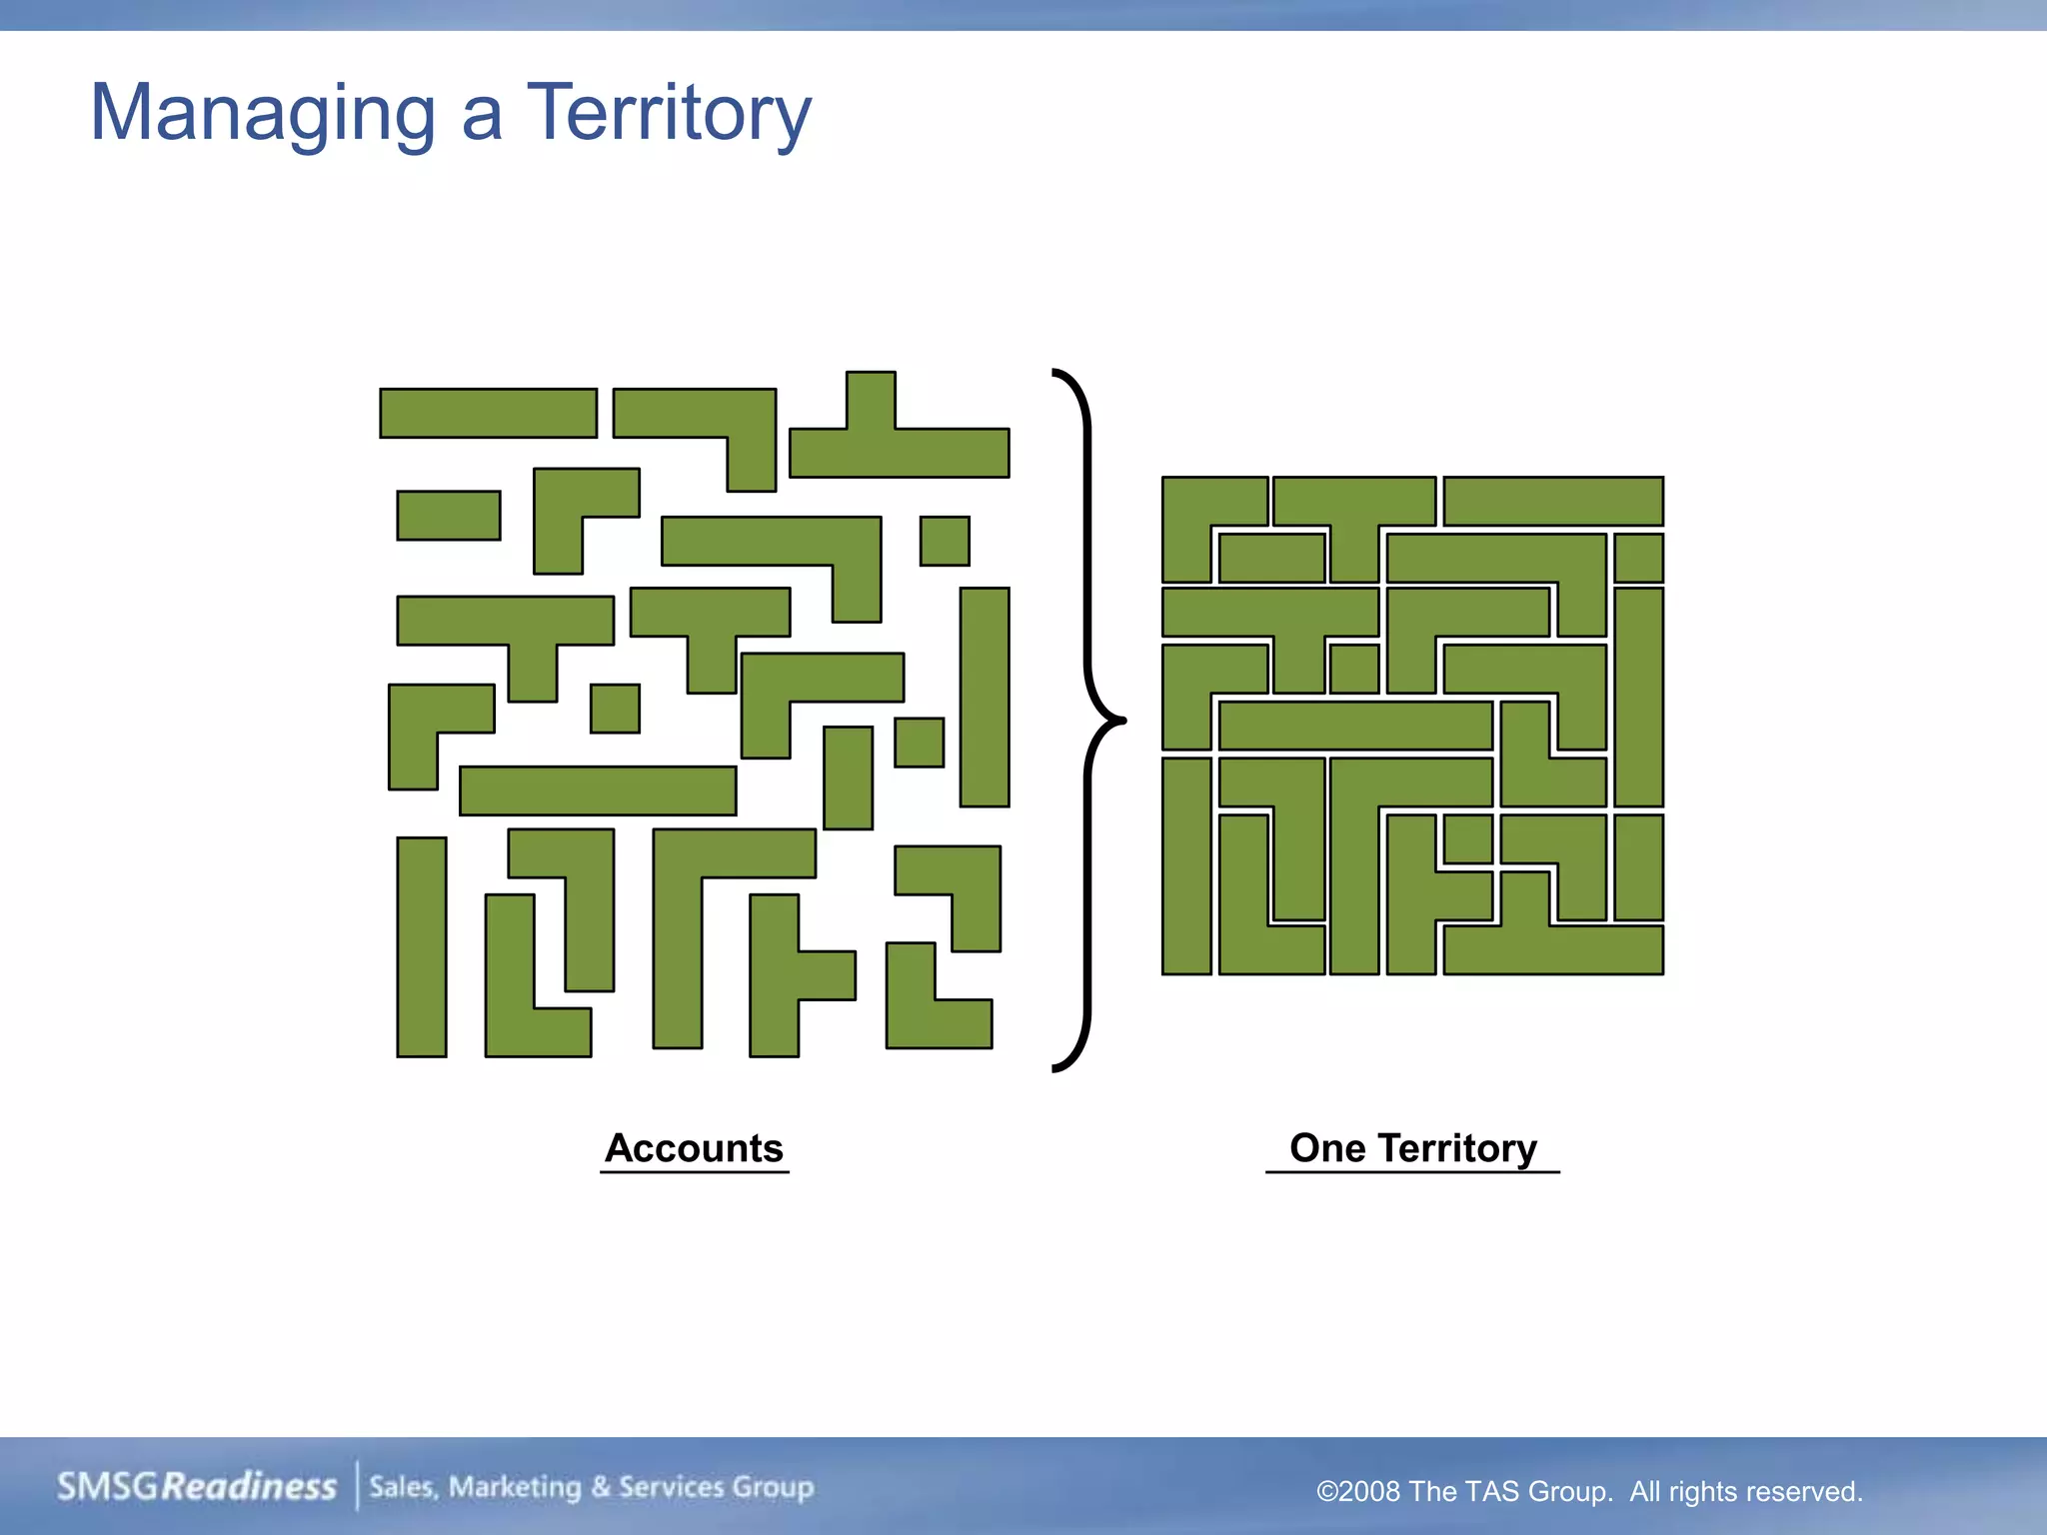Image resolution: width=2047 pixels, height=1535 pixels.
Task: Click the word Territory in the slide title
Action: [x=669, y=113]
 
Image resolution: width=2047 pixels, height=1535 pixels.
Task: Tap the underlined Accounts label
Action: [x=695, y=1148]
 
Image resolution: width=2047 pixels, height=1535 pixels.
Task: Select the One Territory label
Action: [x=1412, y=1148]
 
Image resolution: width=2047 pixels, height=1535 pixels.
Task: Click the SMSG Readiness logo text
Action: [x=196, y=1486]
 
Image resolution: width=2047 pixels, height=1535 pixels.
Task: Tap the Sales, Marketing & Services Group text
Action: [x=591, y=1487]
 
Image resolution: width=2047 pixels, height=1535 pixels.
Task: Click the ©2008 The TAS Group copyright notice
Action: [x=1589, y=1491]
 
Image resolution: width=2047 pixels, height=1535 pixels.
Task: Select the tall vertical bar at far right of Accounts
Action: [x=985, y=697]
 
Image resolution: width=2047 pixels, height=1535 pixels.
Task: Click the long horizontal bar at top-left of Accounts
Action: [x=488, y=413]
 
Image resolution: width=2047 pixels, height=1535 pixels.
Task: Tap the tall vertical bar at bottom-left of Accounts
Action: [x=422, y=946]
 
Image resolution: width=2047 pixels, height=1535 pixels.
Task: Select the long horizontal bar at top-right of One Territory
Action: [x=1553, y=501]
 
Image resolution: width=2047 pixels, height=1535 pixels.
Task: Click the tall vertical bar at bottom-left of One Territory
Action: [x=1186, y=865]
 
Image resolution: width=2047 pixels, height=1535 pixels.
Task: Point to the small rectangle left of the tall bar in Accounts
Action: [x=919, y=743]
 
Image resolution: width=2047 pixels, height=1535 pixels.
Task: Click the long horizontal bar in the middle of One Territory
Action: [x=1355, y=726]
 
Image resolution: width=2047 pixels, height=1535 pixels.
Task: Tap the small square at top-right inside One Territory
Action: [x=1638, y=558]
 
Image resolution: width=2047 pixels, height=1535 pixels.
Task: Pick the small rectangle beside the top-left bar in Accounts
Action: [x=449, y=515]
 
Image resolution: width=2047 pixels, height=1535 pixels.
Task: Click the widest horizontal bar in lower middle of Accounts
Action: [x=598, y=790]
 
